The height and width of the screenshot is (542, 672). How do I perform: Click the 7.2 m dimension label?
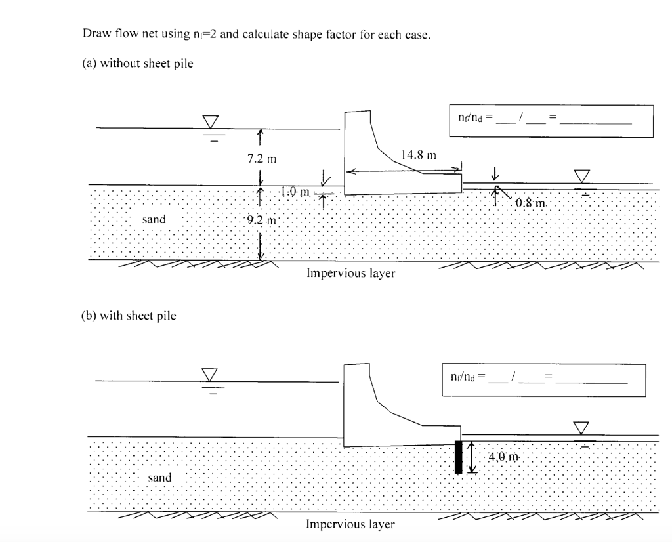point(261,159)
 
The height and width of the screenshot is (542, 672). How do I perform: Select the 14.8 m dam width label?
point(417,156)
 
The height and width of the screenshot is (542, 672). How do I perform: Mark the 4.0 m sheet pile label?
point(503,457)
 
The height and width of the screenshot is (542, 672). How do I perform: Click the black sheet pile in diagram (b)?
point(458,457)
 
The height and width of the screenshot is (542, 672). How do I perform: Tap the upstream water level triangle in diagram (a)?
point(210,123)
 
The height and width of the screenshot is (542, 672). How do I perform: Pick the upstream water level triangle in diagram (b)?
point(210,375)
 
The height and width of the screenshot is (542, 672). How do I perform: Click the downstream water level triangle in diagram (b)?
point(581,428)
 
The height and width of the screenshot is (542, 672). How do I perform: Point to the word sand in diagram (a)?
point(154,219)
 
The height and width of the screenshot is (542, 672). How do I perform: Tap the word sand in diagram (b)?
point(159,478)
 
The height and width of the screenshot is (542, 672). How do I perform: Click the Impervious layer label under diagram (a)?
point(350,273)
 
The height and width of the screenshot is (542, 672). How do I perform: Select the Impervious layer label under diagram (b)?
point(350,524)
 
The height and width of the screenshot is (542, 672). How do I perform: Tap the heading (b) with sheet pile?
point(129,316)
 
